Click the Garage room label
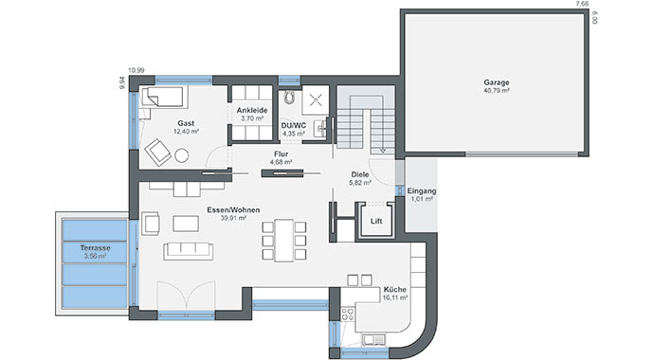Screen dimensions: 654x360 (x=497, y=82)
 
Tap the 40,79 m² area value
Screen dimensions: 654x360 (x=497, y=90)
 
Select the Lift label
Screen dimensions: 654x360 (x=376, y=222)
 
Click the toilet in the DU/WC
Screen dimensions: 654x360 (x=289, y=97)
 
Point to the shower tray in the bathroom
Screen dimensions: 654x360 (x=316, y=100)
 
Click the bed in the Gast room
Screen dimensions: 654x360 (x=163, y=97)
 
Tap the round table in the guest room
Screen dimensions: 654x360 (x=181, y=155)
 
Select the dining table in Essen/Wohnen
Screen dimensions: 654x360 (x=284, y=241)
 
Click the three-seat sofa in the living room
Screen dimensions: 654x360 (x=188, y=251)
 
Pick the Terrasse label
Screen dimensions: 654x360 (x=95, y=248)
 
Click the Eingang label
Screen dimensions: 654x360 (x=422, y=190)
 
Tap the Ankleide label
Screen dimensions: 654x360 (x=252, y=111)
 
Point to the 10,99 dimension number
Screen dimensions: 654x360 (x=136, y=71)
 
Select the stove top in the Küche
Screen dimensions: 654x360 (x=348, y=315)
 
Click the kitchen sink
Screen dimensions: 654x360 (x=373, y=340)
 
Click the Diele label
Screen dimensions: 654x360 (x=360, y=174)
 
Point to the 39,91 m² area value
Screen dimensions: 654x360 (x=233, y=218)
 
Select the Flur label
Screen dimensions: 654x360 (x=282, y=154)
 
